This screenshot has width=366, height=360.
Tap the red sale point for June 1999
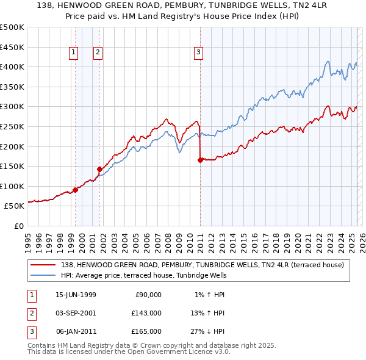click(x=76, y=190)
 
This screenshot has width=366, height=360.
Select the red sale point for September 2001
click(x=99, y=169)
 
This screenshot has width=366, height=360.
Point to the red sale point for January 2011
click(x=200, y=160)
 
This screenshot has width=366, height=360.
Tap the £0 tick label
click(x=18, y=226)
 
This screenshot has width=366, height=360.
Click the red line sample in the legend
click(x=43, y=265)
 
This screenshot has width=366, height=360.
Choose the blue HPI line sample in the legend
click(x=43, y=275)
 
